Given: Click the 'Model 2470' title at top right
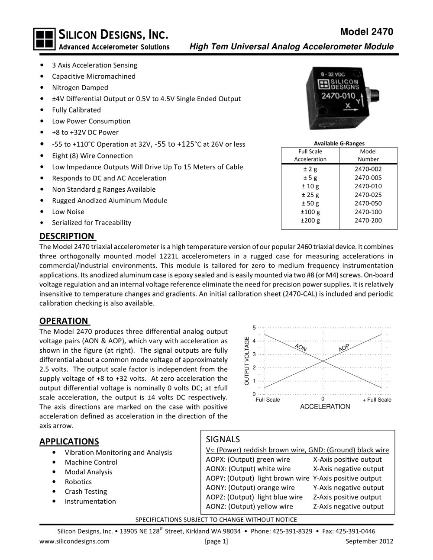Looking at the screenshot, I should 367,32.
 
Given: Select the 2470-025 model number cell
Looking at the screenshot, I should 368,195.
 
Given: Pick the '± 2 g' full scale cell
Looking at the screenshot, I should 310,169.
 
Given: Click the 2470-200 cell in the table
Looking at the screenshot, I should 368,220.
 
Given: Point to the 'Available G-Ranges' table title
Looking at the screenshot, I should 339,143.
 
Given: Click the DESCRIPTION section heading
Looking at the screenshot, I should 67,236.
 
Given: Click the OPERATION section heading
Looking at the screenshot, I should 64,321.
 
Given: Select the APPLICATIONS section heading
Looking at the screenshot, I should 69,441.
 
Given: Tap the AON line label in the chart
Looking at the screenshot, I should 301,348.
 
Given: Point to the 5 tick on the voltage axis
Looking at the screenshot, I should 254,327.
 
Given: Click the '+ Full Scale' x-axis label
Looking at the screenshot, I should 377,400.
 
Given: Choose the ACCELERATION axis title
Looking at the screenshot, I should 325,407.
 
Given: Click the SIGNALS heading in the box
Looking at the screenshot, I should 223,439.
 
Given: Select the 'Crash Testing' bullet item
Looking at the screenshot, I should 86,492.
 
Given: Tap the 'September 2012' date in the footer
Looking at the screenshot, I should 369,541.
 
